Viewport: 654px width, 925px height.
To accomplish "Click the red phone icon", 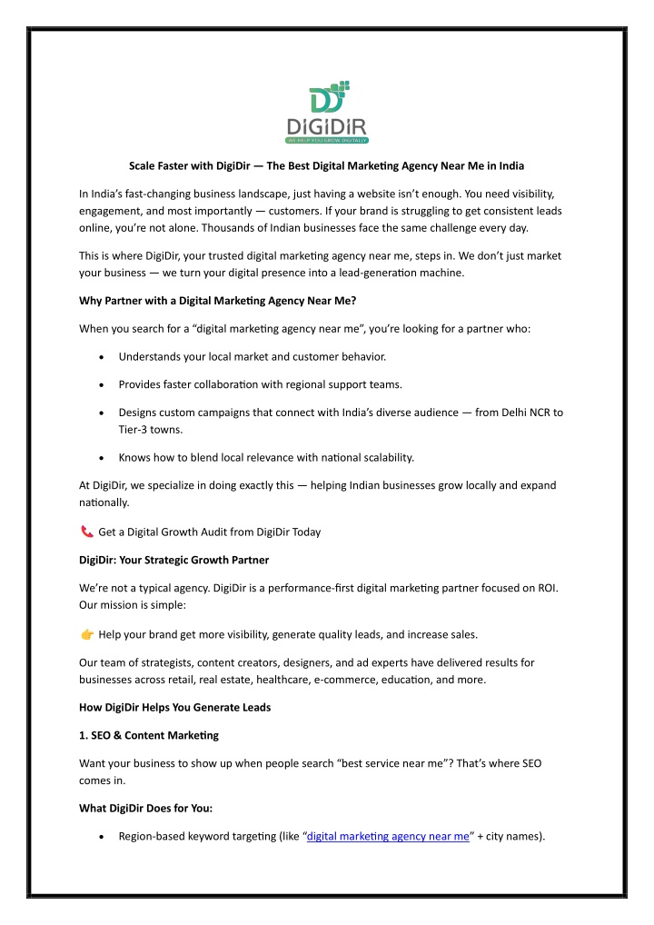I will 86,532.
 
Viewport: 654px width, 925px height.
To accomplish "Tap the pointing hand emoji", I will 86,633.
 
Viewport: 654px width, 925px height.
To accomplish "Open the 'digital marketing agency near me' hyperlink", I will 388,836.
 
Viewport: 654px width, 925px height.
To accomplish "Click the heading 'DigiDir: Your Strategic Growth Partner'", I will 173,560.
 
